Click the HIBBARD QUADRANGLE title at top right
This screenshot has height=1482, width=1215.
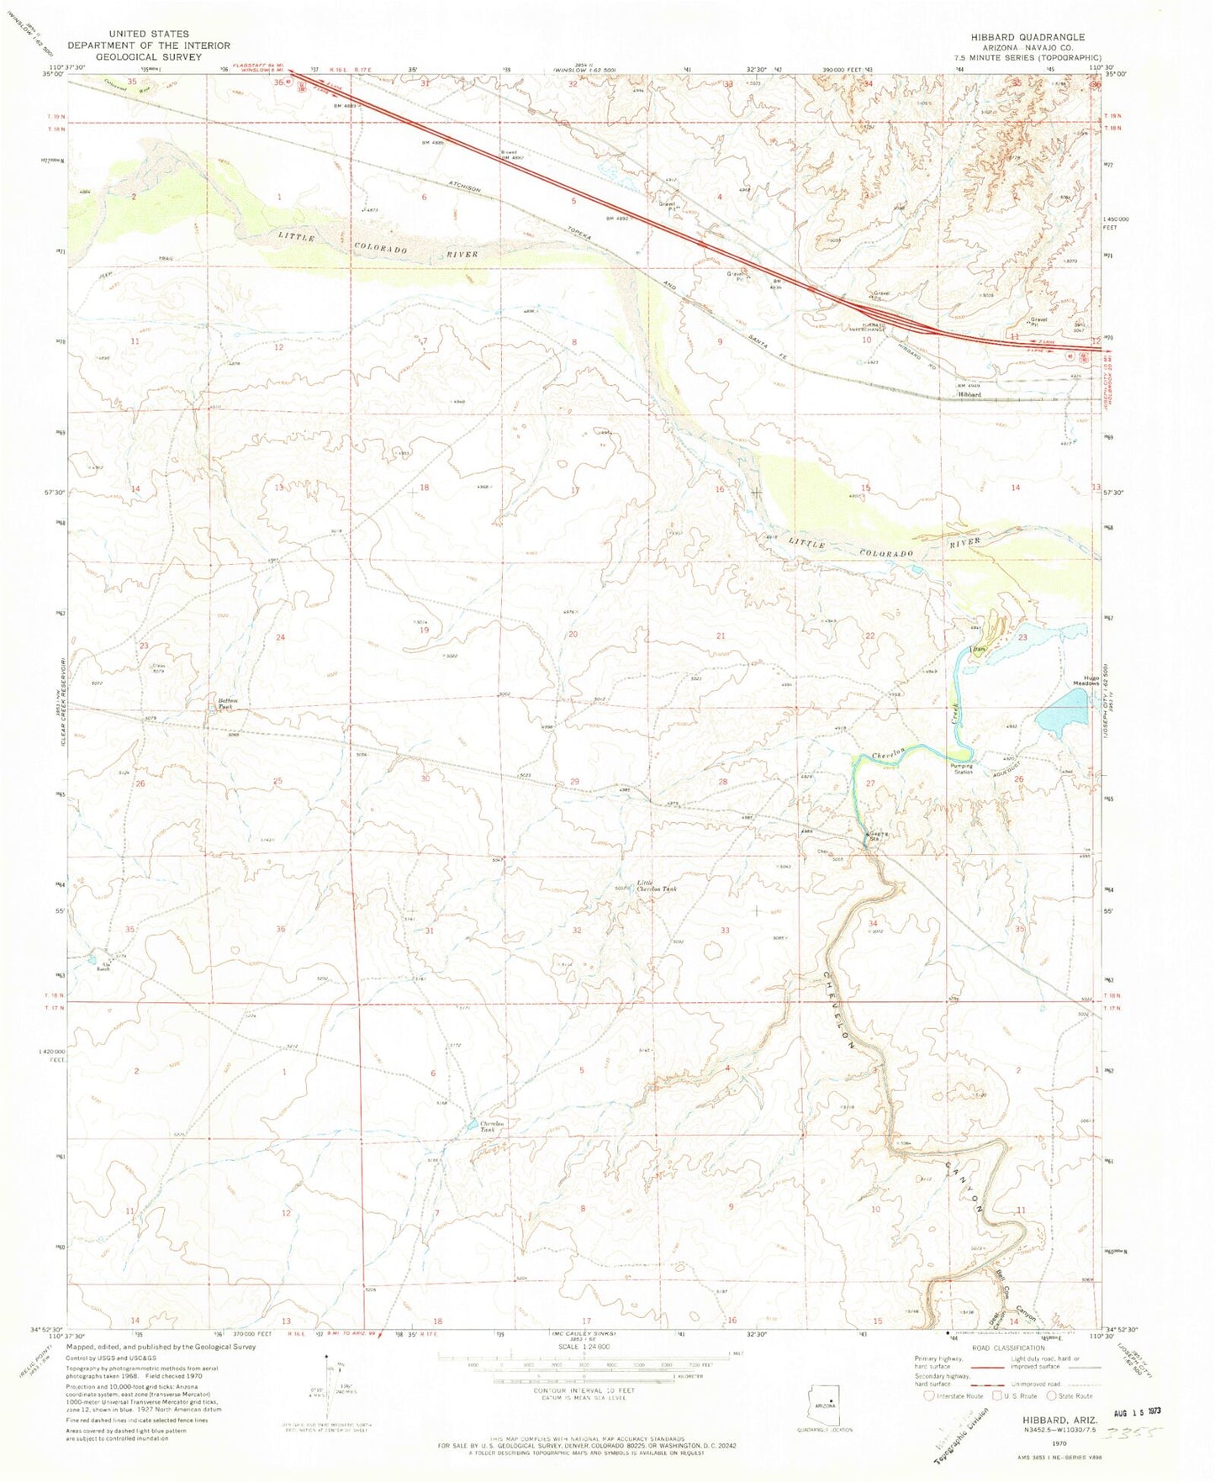click(1040, 37)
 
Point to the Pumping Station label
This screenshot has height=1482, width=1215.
click(963, 768)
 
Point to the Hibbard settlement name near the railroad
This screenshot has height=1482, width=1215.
click(969, 393)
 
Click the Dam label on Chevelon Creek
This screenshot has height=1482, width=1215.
click(979, 648)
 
